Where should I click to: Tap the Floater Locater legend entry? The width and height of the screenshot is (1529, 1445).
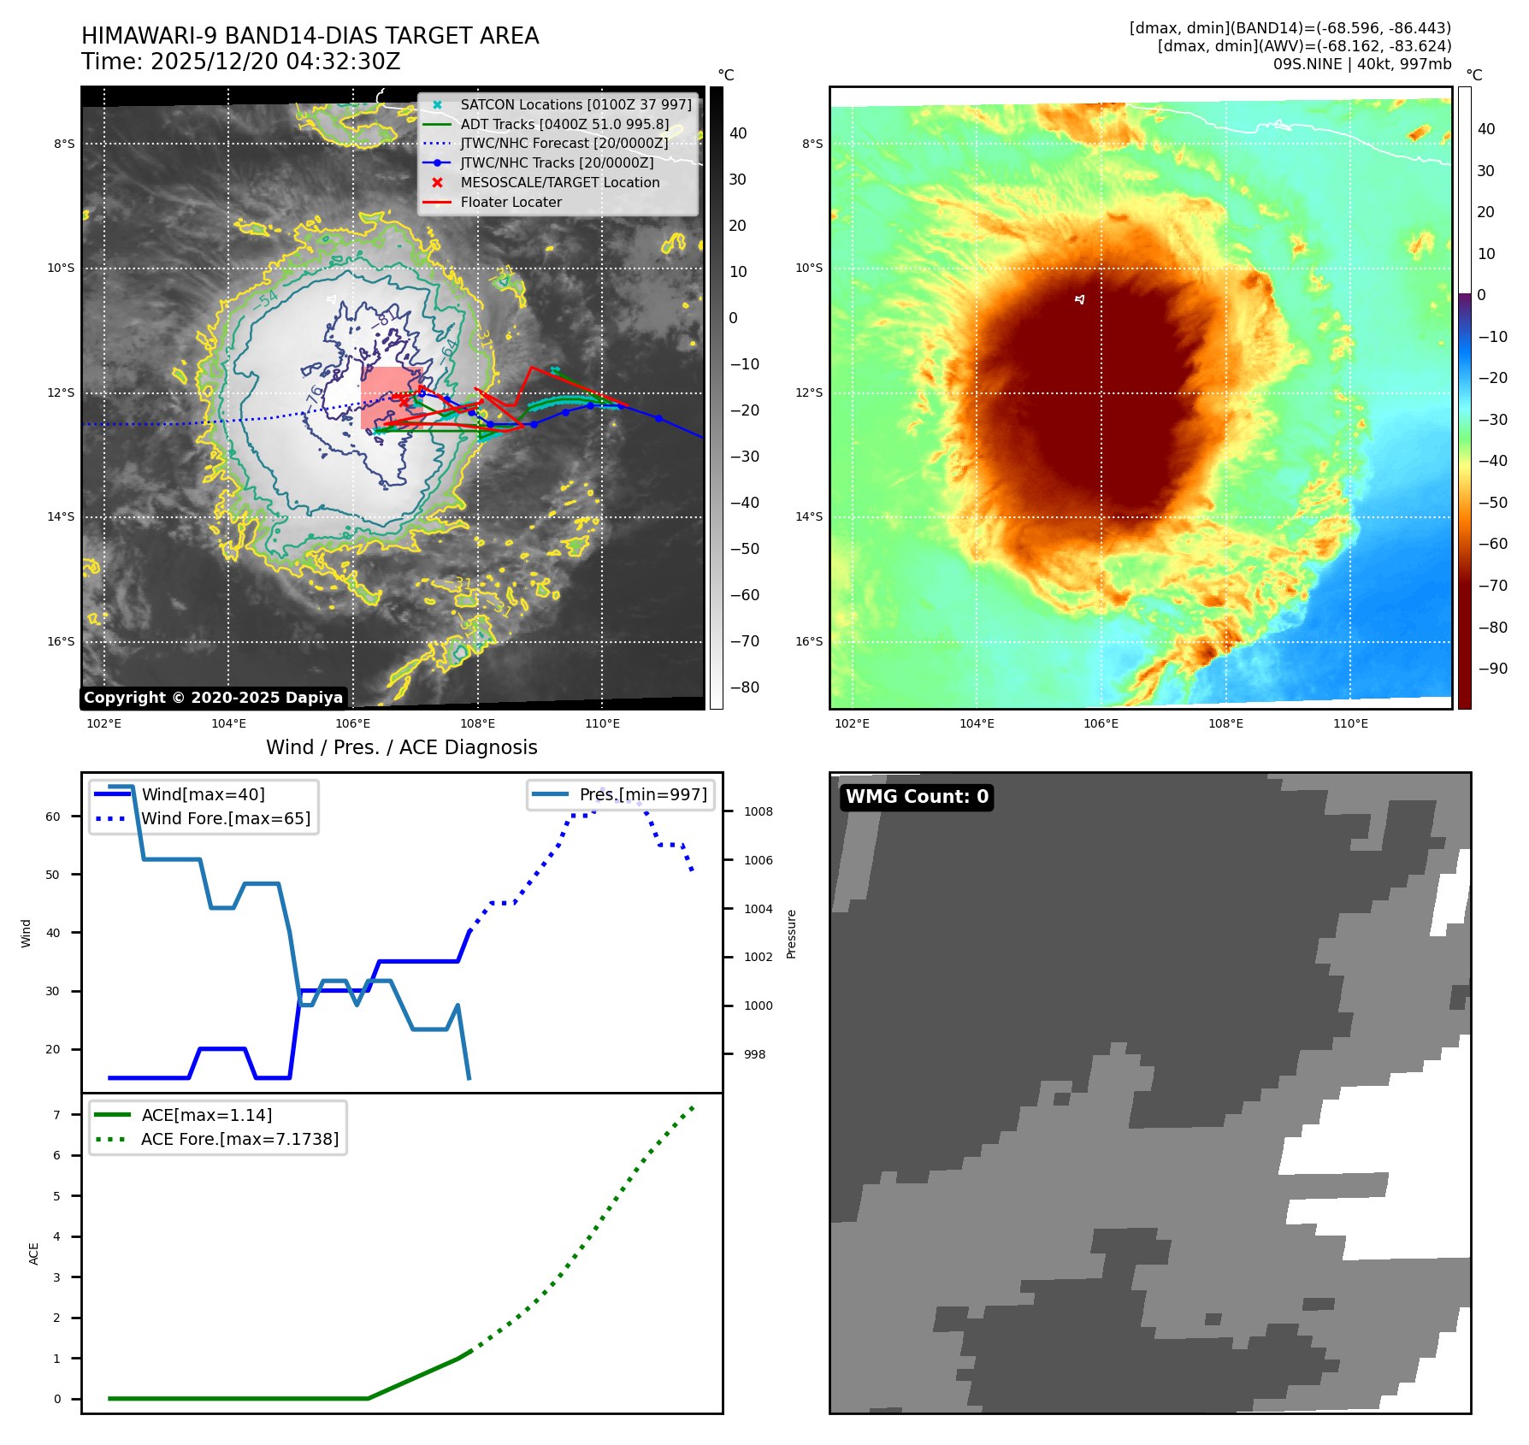coord(511,202)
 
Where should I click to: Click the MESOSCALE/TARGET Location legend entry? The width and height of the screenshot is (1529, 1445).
coord(559,182)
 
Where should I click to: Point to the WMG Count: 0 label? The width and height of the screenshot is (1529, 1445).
coord(917,797)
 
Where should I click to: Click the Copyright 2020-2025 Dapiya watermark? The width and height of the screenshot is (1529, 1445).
coord(213,698)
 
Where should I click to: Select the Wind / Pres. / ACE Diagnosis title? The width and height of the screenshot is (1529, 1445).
coord(402,747)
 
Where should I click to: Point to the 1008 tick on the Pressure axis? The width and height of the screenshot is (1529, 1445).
coord(758,811)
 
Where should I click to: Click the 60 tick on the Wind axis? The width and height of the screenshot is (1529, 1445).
coord(53,817)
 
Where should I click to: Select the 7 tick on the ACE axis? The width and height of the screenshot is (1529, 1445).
coord(57,1115)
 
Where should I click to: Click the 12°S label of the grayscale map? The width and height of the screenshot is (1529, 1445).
coord(61,392)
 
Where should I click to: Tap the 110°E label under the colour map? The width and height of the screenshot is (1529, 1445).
coord(1350,723)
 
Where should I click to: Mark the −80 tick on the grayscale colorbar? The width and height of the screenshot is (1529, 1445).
coord(744,687)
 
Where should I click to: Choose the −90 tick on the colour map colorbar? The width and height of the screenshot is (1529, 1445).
coord(1492,669)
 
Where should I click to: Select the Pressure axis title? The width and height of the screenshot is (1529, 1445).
coord(792,934)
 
